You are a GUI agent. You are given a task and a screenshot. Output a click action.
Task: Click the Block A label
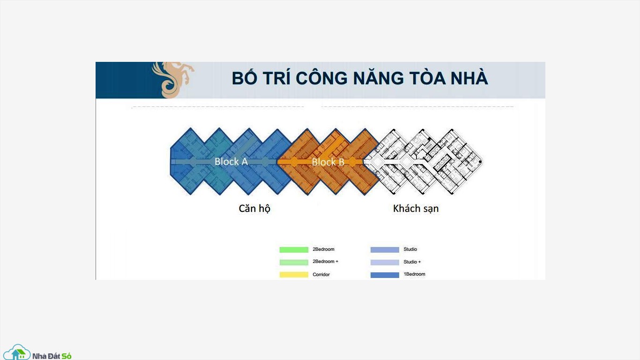pyautogui.click(x=231, y=162)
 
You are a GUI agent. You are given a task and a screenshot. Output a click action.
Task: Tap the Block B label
pyautogui.click(x=328, y=162)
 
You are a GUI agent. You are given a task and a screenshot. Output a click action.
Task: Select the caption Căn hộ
pyautogui.click(x=254, y=209)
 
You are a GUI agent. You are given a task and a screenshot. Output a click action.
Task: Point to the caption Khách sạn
pyautogui.click(x=416, y=209)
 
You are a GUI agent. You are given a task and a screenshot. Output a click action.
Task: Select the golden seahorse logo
pyautogui.click(x=173, y=80)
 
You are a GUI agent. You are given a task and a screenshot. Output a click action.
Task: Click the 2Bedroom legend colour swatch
pyautogui.click(x=294, y=250)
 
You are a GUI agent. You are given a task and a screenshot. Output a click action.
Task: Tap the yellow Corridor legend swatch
pyautogui.click(x=294, y=275)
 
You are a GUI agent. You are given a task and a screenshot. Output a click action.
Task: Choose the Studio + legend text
pyautogui.click(x=412, y=262)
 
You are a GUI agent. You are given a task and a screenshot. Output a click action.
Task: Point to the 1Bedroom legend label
pyautogui.click(x=414, y=274)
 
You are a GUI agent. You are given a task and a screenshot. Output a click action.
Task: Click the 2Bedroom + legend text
pyautogui.click(x=326, y=262)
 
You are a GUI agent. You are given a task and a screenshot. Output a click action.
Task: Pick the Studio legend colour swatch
pyautogui.click(x=385, y=250)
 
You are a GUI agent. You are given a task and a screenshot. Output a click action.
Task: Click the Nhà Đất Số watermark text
pyautogui.click(x=52, y=356)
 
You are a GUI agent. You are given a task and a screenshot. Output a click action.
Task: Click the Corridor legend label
pyautogui.click(x=321, y=275)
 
